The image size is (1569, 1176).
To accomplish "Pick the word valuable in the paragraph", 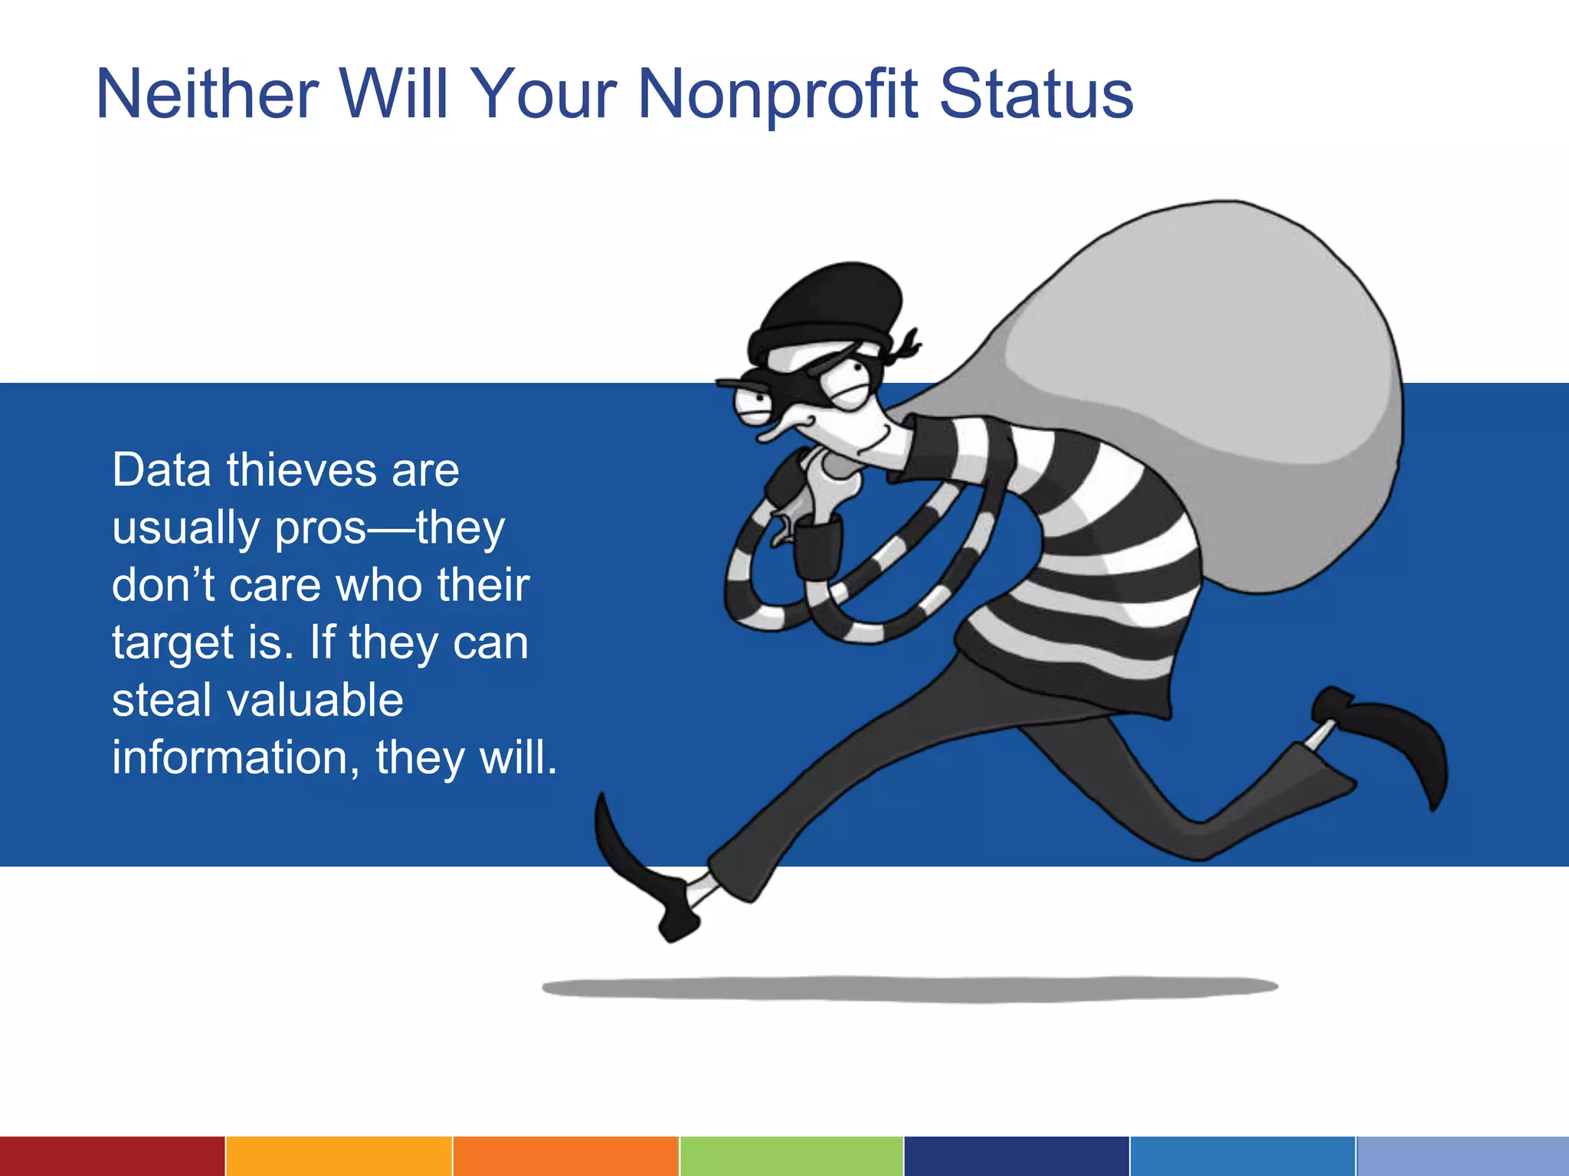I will click(x=315, y=700).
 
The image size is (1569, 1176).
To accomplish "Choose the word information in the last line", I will click(x=231, y=757).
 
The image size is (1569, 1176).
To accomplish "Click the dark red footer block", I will click(x=112, y=1156).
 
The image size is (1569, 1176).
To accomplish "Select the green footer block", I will click(x=791, y=1156).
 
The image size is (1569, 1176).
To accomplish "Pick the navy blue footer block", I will click(x=1017, y=1156).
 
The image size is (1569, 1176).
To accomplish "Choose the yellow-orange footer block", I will click(x=339, y=1156).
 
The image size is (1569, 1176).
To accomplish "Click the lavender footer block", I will click(x=1463, y=1156).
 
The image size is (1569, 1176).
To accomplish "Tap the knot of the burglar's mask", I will click(x=905, y=347).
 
